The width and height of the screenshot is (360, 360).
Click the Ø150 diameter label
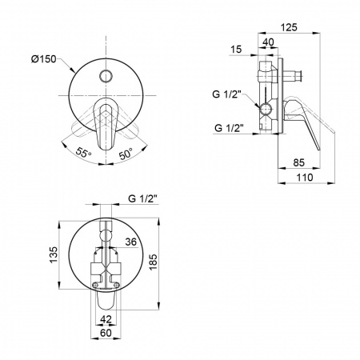coord(44,58)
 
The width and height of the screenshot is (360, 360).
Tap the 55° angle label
coord(83,153)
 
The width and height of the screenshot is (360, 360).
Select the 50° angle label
coord(126,154)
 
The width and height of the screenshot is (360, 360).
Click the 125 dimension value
coord(289,27)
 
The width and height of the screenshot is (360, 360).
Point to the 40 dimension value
coord(268,42)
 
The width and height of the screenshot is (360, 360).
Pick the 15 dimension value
coord(236,50)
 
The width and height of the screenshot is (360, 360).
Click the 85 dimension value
coord(298,162)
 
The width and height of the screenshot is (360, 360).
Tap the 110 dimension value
coord(305,178)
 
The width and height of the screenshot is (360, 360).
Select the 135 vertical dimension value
coord(54,254)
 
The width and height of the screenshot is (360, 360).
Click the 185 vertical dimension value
coord(153,262)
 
